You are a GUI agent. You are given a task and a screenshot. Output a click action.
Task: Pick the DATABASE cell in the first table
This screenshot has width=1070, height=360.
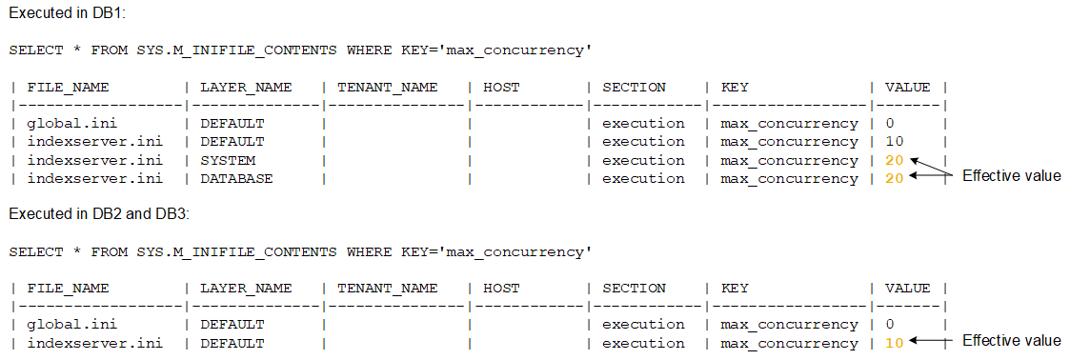tap(236, 178)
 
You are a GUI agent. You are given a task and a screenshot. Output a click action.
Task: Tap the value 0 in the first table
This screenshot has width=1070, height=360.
tap(889, 123)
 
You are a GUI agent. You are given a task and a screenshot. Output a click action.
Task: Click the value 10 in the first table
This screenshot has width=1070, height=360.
tap(893, 142)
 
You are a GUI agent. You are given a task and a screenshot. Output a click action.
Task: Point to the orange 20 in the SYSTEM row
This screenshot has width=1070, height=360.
tap(893, 160)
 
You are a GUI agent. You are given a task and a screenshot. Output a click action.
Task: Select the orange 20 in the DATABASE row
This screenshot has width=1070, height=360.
tap(893, 178)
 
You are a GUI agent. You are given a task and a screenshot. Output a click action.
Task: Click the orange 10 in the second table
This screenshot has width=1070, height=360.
tap(893, 343)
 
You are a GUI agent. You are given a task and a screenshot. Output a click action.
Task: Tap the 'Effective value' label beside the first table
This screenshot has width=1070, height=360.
tap(1011, 175)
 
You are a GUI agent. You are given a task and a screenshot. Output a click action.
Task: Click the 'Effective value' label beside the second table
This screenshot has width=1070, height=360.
tap(1011, 340)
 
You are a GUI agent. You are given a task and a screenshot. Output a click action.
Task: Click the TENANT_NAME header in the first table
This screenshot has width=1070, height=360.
tap(388, 87)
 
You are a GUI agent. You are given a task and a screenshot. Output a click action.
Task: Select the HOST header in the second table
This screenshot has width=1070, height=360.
tap(502, 288)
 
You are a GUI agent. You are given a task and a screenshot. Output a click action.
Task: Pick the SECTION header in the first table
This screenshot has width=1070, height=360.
tap(634, 87)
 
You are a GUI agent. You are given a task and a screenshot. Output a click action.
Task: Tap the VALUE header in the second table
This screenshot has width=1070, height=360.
tap(907, 288)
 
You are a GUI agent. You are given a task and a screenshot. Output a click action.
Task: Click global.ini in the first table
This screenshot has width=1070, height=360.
tap(66, 123)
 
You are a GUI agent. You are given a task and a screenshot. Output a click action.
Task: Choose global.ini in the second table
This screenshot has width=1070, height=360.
tap(66, 325)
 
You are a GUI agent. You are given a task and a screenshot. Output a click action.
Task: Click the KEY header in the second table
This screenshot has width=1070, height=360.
tap(734, 288)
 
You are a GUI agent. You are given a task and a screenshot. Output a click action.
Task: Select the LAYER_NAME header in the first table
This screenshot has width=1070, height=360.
tap(246, 87)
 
